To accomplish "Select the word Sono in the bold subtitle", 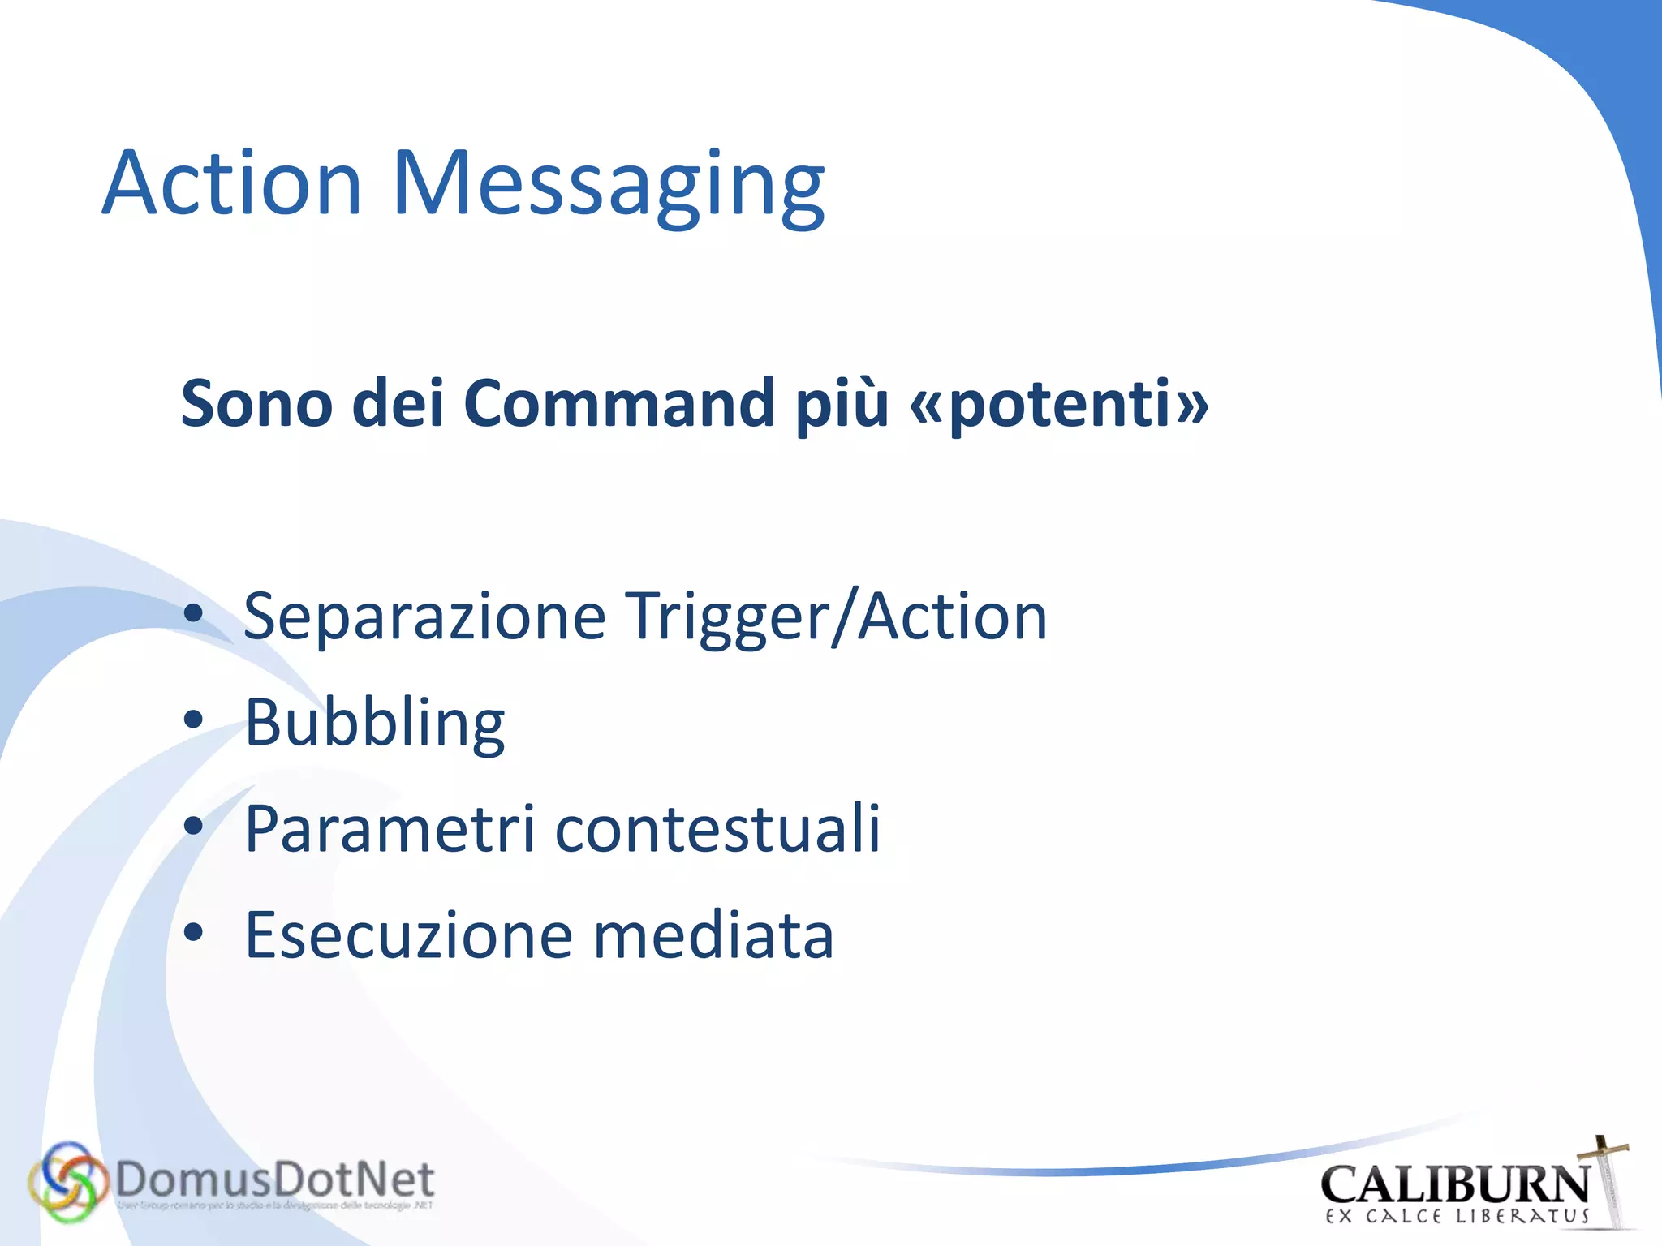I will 256,403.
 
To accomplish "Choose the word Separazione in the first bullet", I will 424,617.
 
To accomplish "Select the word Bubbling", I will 375,724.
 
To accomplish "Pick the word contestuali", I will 718,829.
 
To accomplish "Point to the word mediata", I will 714,935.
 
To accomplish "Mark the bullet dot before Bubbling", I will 193,720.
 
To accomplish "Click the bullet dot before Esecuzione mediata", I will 193,932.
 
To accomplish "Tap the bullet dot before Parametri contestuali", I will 193,826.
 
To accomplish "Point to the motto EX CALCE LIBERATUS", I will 1457,1216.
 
